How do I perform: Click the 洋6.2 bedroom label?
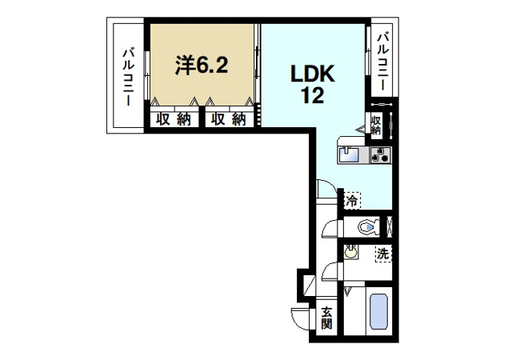[202, 65]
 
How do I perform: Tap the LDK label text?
[313, 74]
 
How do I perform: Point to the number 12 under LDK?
[313, 95]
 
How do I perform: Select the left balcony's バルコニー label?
[128, 77]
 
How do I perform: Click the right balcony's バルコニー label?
[383, 62]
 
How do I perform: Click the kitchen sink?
[349, 154]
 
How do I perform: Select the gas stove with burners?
[381, 154]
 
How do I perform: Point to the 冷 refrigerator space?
[352, 200]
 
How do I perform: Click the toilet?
[369, 226]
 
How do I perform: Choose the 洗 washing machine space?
[383, 254]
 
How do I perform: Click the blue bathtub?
[378, 311]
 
